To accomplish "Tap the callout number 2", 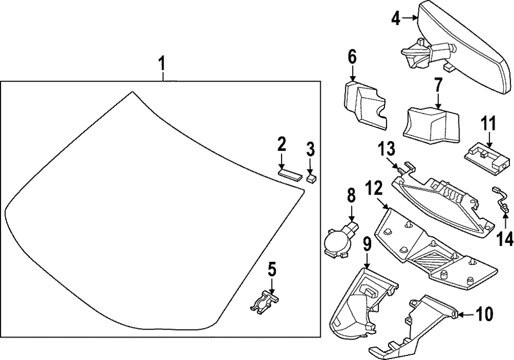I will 281,144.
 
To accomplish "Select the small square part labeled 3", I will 310,178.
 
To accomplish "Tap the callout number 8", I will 351,196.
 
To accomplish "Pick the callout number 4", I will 395,19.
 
